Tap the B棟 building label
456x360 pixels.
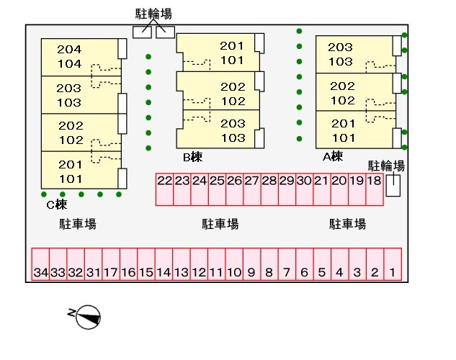[192, 156]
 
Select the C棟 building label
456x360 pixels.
[56, 204]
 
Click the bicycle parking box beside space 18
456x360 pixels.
[393, 185]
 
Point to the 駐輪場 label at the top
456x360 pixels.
[153, 14]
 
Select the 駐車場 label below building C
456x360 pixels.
[78, 224]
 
